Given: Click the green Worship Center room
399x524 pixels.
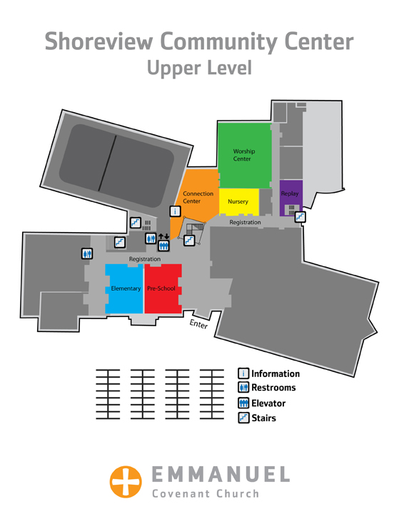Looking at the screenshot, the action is [x=244, y=156].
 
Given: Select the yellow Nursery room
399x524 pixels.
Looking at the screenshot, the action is [x=238, y=202].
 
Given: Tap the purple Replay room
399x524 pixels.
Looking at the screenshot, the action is [x=291, y=198].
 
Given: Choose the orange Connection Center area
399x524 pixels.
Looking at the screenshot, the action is [x=196, y=201].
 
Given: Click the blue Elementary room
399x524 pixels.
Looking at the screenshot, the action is [x=124, y=288].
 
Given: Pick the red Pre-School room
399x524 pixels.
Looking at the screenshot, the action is [x=163, y=288].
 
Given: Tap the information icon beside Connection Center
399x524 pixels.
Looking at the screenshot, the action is [x=176, y=211].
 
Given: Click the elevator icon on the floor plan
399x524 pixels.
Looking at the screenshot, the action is [x=163, y=246].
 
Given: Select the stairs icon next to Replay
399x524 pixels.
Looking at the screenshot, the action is [x=300, y=217].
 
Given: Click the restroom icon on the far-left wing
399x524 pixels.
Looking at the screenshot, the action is [x=87, y=253].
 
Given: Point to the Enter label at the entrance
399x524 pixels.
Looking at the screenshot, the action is [x=198, y=324].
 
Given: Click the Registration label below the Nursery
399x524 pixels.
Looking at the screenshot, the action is [x=245, y=222].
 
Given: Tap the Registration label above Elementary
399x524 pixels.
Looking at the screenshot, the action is [x=145, y=259].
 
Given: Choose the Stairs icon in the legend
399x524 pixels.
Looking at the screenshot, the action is [x=243, y=418].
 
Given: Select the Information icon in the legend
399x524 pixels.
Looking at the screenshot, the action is [x=243, y=373].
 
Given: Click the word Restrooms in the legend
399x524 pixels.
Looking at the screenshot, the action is [x=273, y=388].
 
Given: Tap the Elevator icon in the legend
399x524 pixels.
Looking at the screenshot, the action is [x=243, y=403].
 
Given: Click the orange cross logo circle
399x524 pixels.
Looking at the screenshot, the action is [x=126, y=482].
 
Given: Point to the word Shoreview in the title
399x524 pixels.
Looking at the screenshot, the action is [x=99, y=41].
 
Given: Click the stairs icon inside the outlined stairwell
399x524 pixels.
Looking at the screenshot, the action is [x=189, y=241].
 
